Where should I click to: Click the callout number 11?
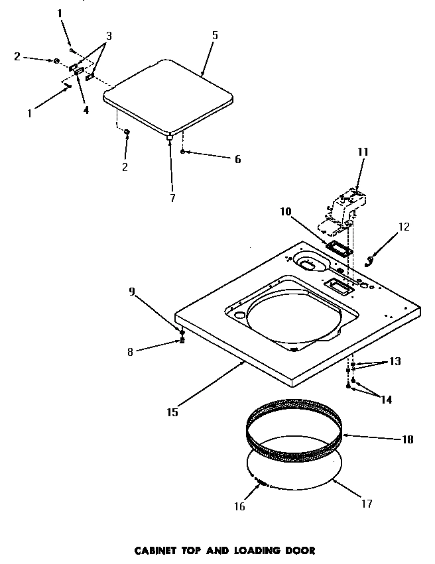click(x=362, y=152)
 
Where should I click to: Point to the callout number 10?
click(x=286, y=211)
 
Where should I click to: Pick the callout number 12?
click(x=403, y=227)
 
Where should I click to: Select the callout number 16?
click(x=239, y=507)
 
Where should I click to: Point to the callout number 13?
click(x=395, y=362)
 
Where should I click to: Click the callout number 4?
click(x=86, y=111)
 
